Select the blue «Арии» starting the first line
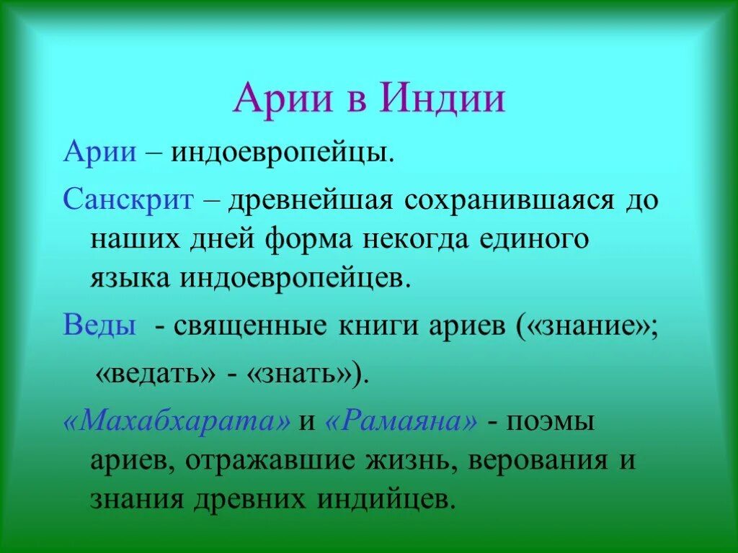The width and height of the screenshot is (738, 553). tap(100, 153)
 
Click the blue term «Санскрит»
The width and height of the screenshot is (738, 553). tap(128, 199)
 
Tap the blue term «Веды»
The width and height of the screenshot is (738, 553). tap(99, 325)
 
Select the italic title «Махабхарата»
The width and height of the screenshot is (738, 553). tap(177, 421)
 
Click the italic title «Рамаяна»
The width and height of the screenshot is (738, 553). tap(401, 421)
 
